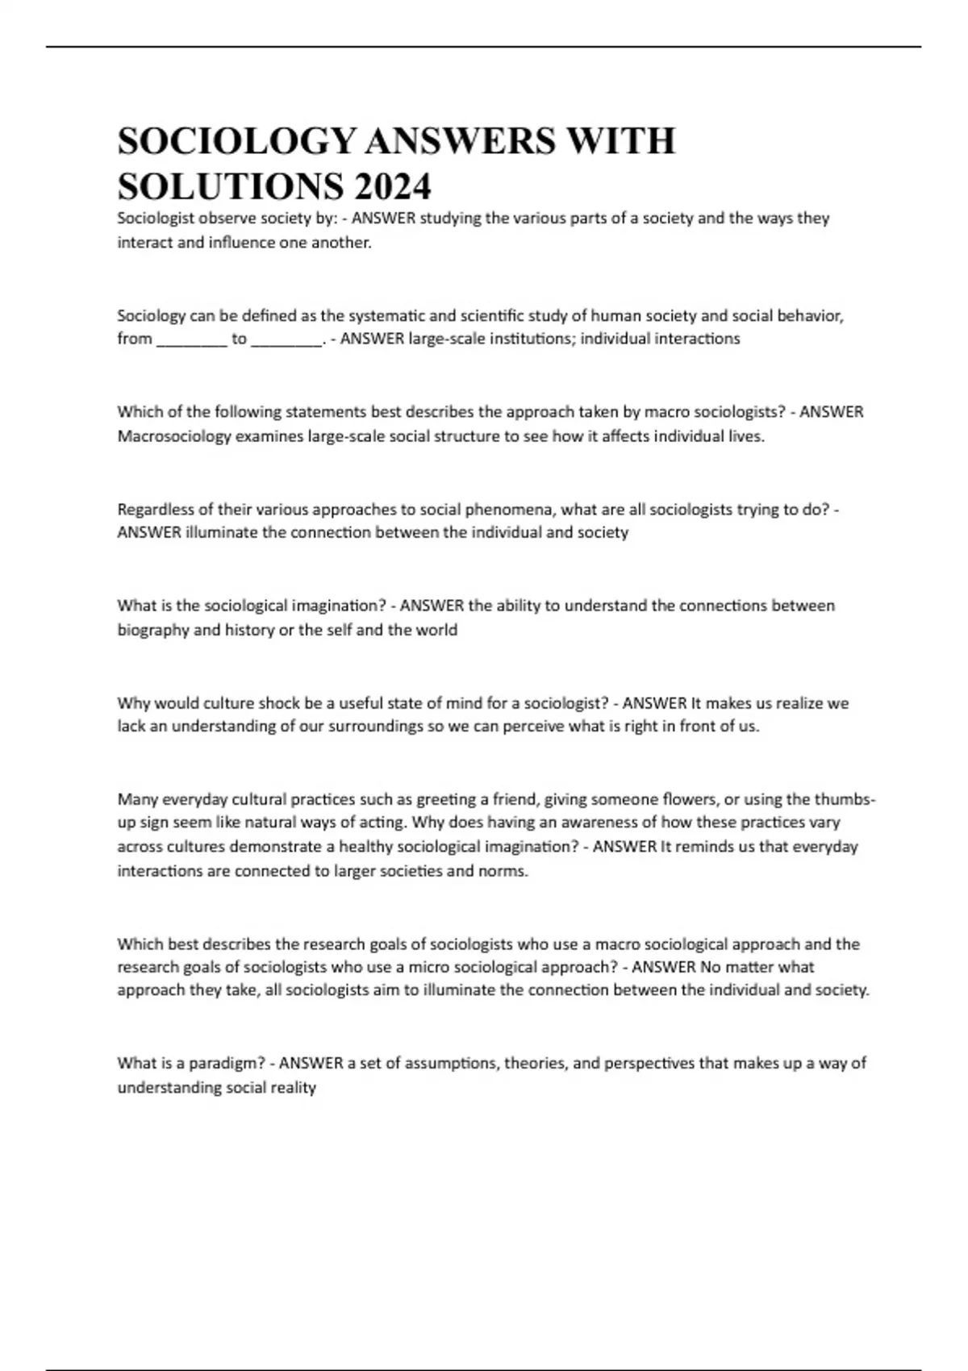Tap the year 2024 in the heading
[x=392, y=188]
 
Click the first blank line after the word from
[x=191, y=340]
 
